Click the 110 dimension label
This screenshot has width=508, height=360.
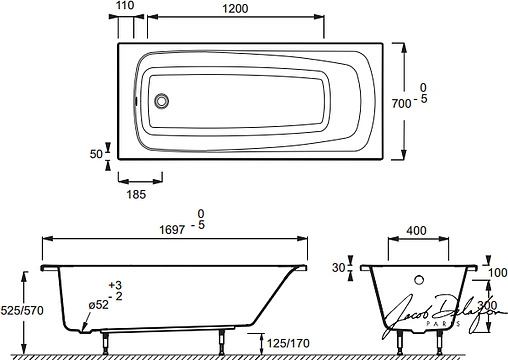coord(124,7)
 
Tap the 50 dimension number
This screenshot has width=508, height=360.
coord(97,155)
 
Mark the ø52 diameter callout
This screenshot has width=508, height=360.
coord(97,303)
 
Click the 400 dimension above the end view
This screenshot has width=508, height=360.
coord(417,231)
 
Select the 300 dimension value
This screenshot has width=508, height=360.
coord(487,305)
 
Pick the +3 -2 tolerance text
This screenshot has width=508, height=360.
coord(116,291)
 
